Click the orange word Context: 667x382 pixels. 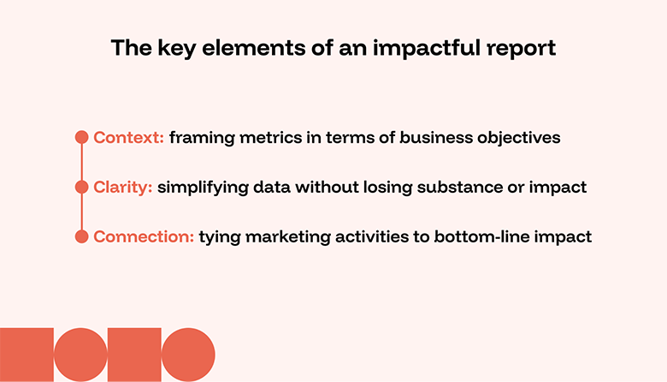tap(128, 137)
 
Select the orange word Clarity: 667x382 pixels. tap(123, 187)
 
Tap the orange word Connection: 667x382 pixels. tap(144, 236)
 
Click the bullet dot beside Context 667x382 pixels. tap(82, 137)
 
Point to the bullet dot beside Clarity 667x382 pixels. tap(82, 187)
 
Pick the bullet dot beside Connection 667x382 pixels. tap(82, 236)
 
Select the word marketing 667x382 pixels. tap(267, 237)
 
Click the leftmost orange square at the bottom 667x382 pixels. tap(27, 355)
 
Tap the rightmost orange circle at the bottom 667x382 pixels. tap(188, 355)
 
